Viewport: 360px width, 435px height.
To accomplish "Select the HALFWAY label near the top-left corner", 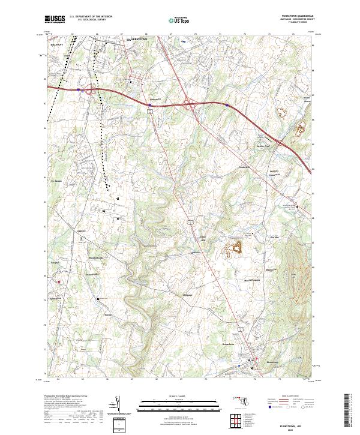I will [x=57, y=44].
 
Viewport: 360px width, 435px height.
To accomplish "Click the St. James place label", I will [x=56, y=179].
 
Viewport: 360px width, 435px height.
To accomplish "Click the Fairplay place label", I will [x=54, y=263].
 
